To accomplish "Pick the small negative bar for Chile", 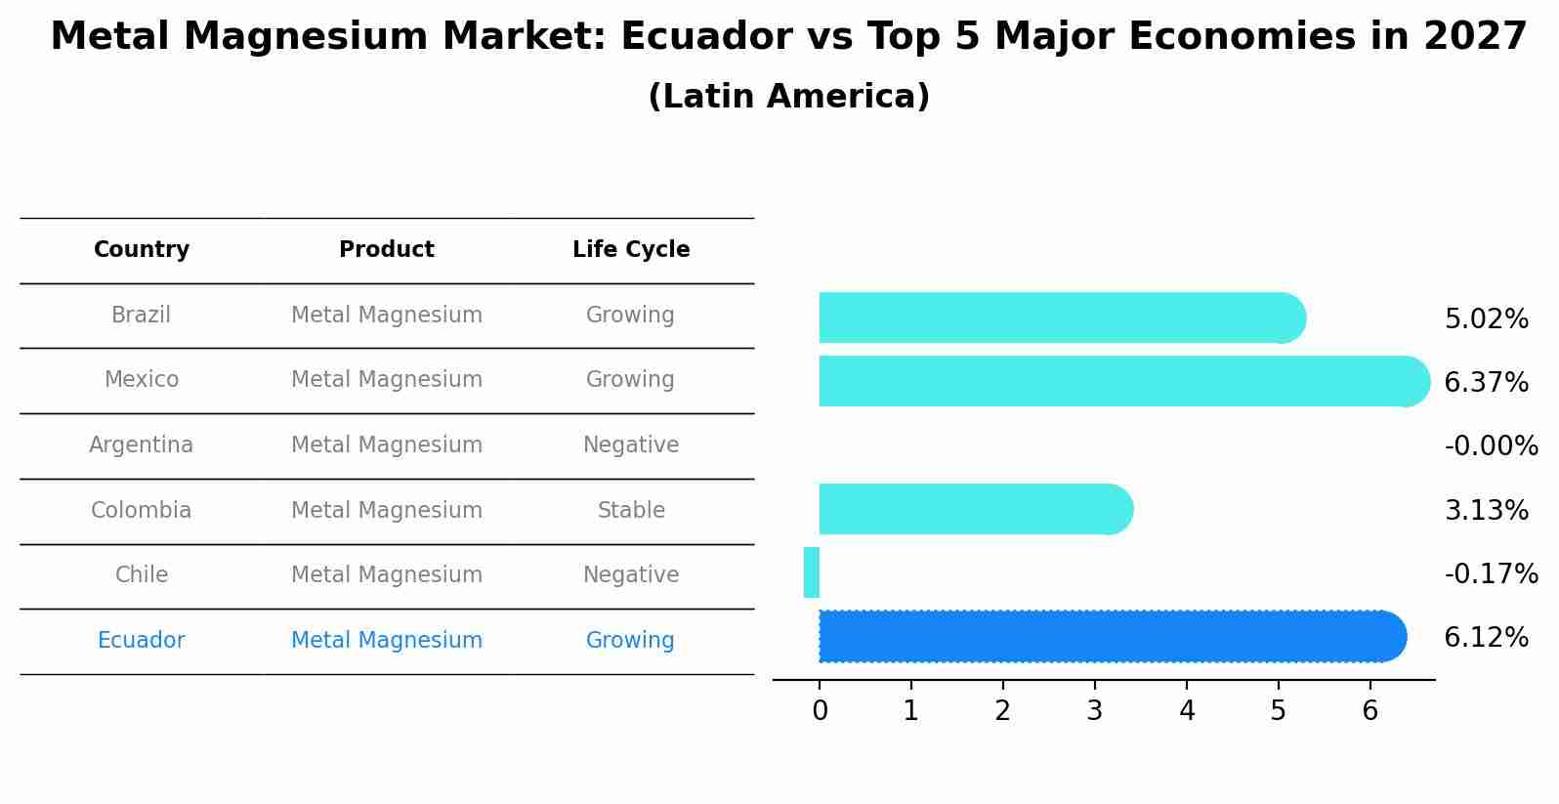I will (x=812, y=572).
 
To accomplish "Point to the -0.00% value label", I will (x=1491, y=446).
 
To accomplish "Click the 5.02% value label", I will (x=1486, y=319).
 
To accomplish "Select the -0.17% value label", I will (x=1491, y=573).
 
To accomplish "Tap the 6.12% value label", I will (x=1486, y=638).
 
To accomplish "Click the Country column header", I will (x=142, y=250).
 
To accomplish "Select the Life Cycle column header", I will (x=631, y=250).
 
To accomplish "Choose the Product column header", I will (x=387, y=250).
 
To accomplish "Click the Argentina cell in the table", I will (x=142, y=445).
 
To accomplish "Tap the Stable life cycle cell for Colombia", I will (x=631, y=511).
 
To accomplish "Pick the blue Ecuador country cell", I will (x=142, y=641).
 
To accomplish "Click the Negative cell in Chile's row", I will (x=631, y=575).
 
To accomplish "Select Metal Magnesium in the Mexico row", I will (x=387, y=380).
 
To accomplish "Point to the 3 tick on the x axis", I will (x=1094, y=711).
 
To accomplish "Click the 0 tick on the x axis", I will (x=820, y=711).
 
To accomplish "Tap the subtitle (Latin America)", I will (x=788, y=97).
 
